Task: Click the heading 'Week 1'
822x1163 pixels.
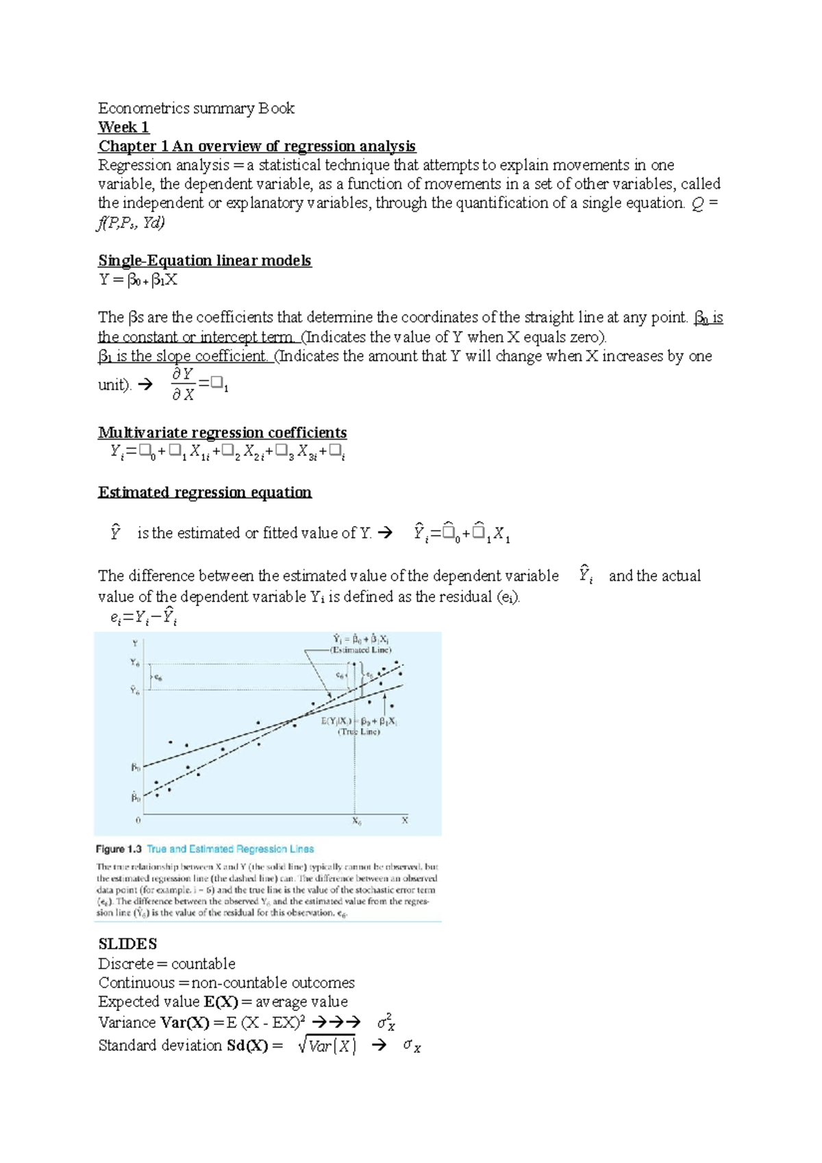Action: [x=123, y=127]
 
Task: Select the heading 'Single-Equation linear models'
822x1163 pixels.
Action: [x=204, y=261]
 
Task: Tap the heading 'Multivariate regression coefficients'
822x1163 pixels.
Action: [x=222, y=433]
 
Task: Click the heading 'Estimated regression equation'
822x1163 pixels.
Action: [x=204, y=492]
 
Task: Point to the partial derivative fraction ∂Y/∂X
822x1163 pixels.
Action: [x=183, y=384]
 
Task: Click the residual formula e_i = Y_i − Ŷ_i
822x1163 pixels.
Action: [x=143, y=617]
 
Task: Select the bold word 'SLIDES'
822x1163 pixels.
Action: [x=127, y=944]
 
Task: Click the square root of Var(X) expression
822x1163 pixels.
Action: [x=327, y=1046]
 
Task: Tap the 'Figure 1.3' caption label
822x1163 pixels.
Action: [x=119, y=849]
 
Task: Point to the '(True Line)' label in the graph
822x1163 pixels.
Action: [x=358, y=731]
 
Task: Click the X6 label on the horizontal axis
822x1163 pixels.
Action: [x=356, y=821]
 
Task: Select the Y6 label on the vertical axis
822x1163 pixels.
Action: [x=135, y=663]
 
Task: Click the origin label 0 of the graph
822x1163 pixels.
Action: [x=138, y=820]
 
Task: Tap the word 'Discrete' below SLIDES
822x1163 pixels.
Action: [x=126, y=964]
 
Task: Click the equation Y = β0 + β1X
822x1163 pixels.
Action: [x=138, y=280]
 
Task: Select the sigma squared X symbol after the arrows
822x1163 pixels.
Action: [x=386, y=1023]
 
